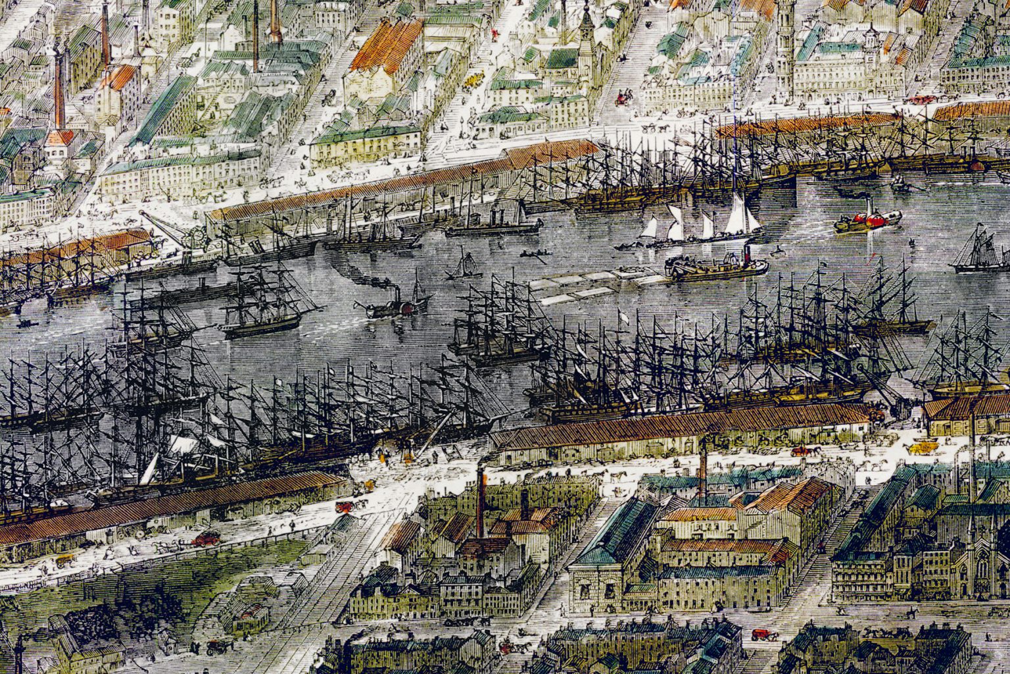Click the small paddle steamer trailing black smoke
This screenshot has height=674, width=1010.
pos(395,306)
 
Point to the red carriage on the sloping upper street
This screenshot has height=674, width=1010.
pos(621,99)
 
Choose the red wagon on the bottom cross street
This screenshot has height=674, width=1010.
pos(761,635)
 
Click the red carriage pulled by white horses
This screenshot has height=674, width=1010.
pos(206,538)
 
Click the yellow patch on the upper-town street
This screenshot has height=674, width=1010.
pos(471,80)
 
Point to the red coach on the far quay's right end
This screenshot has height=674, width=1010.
pos(921,99)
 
